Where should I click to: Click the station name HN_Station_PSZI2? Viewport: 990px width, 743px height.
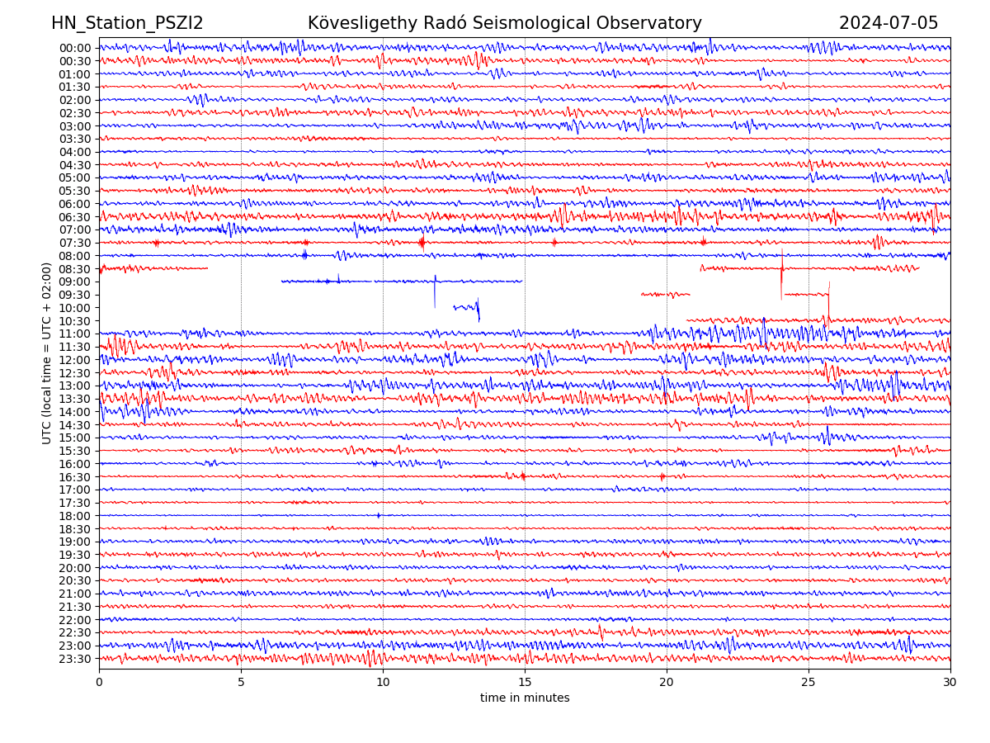(x=127, y=23)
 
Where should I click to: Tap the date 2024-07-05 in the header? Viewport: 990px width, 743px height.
(x=889, y=23)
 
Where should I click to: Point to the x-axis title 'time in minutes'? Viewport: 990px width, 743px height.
(x=525, y=698)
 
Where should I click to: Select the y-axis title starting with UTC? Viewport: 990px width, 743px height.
(x=47, y=353)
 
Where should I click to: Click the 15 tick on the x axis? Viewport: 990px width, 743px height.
(x=525, y=683)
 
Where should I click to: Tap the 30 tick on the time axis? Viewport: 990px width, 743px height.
(x=950, y=683)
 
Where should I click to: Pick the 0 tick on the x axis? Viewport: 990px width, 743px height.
(x=99, y=683)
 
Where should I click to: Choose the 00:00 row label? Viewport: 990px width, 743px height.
(x=75, y=48)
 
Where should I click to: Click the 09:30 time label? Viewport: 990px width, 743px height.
(x=75, y=295)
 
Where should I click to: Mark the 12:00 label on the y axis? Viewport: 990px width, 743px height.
(x=75, y=360)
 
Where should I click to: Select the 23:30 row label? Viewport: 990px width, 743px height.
(x=75, y=659)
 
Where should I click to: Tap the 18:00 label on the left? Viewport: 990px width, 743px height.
(x=75, y=516)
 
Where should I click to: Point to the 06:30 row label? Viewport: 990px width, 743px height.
(x=75, y=217)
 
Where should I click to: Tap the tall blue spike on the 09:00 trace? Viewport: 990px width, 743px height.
(x=435, y=291)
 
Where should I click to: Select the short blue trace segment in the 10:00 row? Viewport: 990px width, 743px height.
(x=466, y=308)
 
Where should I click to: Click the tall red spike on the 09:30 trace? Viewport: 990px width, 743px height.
(x=829, y=299)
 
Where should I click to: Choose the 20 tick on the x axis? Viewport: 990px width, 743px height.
(x=667, y=683)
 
